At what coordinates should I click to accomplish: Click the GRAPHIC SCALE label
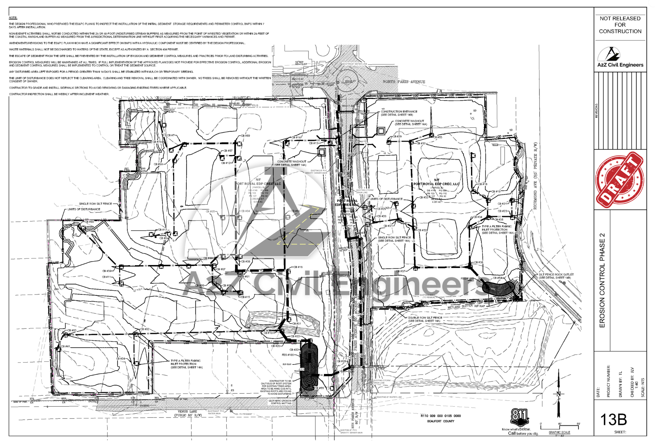tap(559, 432)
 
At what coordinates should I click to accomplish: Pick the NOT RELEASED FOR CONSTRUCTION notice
tap(620, 25)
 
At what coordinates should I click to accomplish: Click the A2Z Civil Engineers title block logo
tap(620, 58)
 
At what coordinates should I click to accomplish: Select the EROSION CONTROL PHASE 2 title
tap(602, 280)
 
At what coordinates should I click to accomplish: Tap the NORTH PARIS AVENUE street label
tap(404, 82)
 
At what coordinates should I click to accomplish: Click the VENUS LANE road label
tap(188, 412)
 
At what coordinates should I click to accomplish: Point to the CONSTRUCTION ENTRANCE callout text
tap(399, 112)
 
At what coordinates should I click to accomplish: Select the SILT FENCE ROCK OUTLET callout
tap(556, 275)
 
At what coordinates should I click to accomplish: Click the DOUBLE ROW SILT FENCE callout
tap(425, 318)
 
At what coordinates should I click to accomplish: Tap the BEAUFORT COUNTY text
tap(440, 421)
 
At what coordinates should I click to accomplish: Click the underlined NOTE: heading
tap(13, 18)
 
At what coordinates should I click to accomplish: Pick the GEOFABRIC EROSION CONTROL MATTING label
tap(280, 402)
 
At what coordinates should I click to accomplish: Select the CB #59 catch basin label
tap(245, 136)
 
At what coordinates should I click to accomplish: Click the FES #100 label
tap(288, 355)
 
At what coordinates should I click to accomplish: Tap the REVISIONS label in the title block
tap(596, 111)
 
